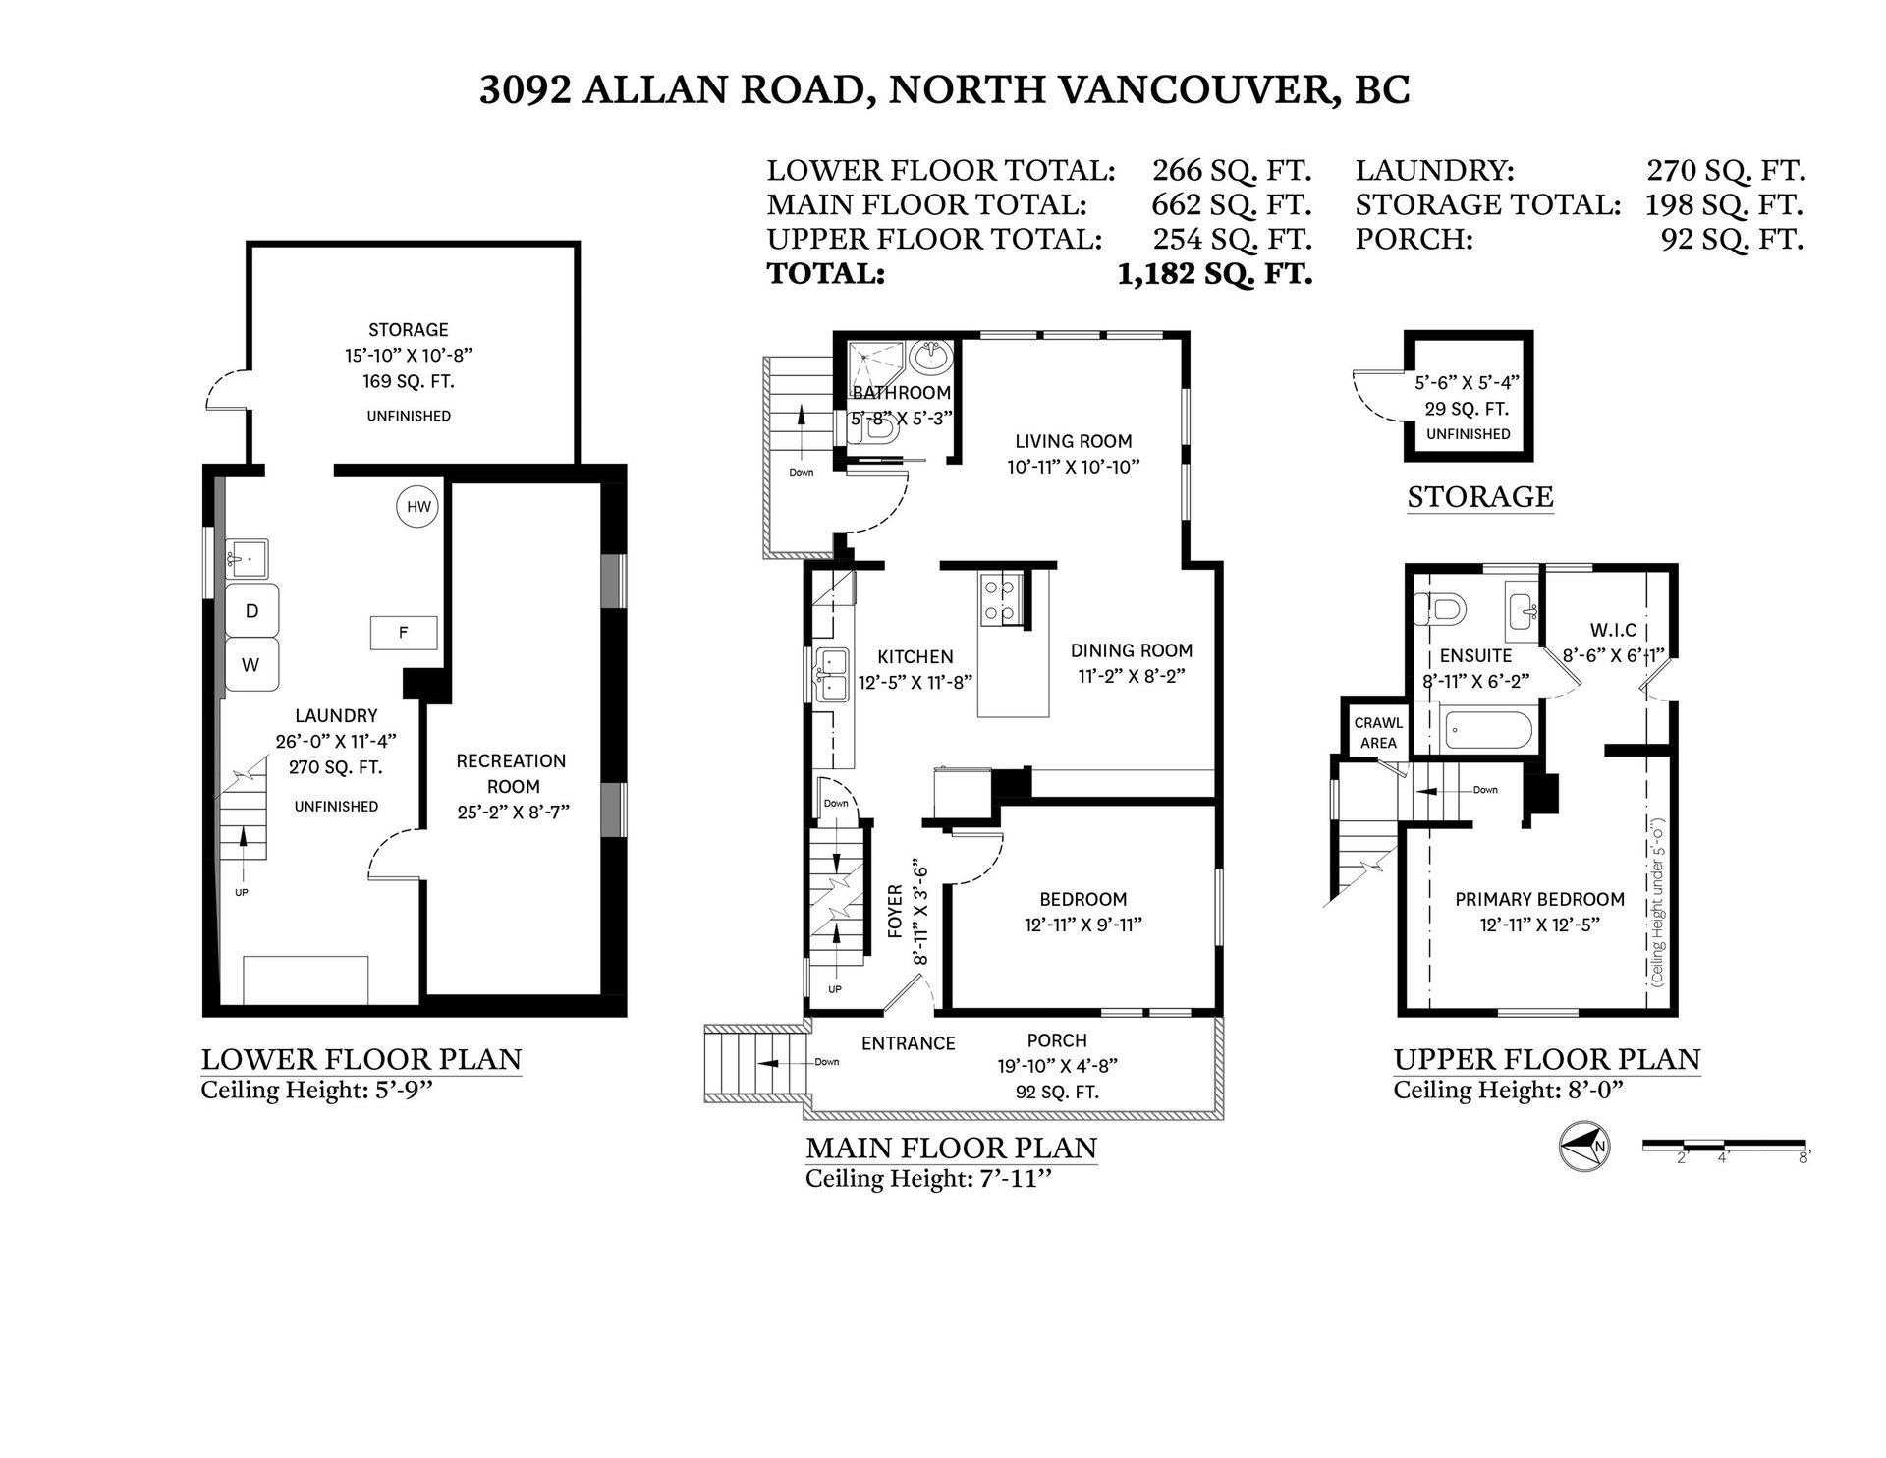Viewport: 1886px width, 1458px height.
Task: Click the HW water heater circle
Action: pyautogui.click(x=419, y=507)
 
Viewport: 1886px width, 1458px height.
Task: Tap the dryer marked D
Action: pyautogui.click(x=252, y=610)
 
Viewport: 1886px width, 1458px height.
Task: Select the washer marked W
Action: pyautogui.click(x=252, y=665)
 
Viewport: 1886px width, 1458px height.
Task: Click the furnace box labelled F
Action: pyautogui.click(x=404, y=633)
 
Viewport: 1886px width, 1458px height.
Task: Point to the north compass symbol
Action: pyautogui.click(x=1584, y=1148)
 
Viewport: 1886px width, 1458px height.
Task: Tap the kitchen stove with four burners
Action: pyautogui.click(x=1001, y=601)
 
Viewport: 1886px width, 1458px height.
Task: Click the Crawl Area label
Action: pyautogui.click(x=1377, y=733)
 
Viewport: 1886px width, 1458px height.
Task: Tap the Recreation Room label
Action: pyautogui.click(x=512, y=773)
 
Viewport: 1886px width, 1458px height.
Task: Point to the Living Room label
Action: pyautogui.click(x=1073, y=441)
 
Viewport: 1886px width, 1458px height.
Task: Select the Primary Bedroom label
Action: pyautogui.click(x=1539, y=899)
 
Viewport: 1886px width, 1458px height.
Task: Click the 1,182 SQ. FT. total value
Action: pyautogui.click(x=1214, y=274)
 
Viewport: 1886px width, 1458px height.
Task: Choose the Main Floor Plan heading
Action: pyautogui.click(x=951, y=1148)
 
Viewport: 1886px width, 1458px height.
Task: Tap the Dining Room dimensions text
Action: pyautogui.click(x=1131, y=676)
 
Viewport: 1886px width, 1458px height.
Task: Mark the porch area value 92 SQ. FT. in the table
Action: pyautogui.click(x=1732, y=239)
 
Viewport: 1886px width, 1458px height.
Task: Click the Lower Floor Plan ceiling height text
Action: pyautogui.click(x=317, y=1091)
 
